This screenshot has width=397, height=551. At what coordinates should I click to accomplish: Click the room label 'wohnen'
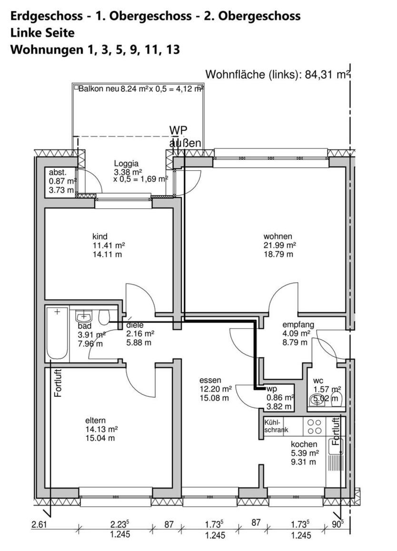coord(278,236)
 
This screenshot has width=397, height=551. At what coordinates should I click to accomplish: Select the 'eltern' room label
coord(95,421)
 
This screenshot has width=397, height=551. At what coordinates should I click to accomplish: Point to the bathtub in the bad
coord(58,333)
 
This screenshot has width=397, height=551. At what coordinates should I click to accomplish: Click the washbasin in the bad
coord(84,316)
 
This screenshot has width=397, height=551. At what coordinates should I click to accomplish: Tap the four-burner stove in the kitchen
coord(314,426)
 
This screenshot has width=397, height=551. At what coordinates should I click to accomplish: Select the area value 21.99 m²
coord(280,245)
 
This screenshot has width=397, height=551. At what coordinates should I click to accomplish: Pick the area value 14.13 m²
coord(101,429)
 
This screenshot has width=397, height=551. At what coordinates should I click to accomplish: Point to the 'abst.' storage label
coord(58,173)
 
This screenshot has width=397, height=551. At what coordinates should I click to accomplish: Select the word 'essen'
coord(210,380)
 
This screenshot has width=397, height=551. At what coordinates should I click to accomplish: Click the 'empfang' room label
coord(298,325)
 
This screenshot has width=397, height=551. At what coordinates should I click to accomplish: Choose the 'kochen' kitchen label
coord(304,444)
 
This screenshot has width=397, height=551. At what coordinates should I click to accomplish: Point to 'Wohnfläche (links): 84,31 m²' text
coord(278,74)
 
